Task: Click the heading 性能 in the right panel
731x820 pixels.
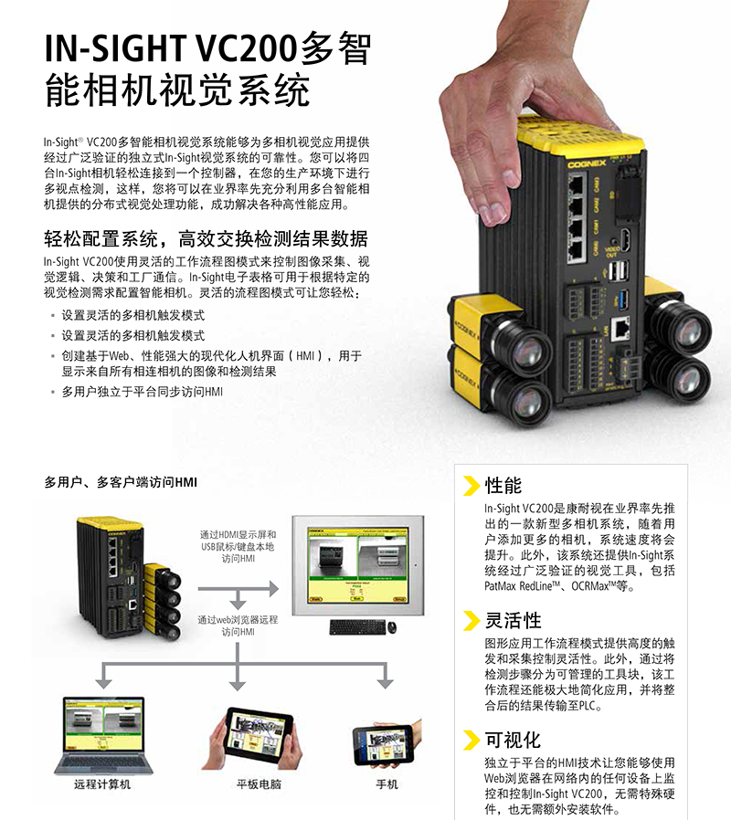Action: click(x=503, y=485)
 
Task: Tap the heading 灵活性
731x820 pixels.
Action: click(x=513, y=620)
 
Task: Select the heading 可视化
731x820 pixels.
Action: click(x=513, y=740)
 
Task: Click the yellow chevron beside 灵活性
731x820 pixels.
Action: click(x=471, y=621)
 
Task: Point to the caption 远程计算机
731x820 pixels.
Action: click(x=102, y=783)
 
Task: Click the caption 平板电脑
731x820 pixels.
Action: click(x=259, y=783)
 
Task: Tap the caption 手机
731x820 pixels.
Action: click(x=387, y=783)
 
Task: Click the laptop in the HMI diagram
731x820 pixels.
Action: click(x=103, y=735)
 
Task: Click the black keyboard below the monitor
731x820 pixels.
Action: click(x=357, y=627)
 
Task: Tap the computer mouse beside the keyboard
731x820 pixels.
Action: click(x=392, y=626)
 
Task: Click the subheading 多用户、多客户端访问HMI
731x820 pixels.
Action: click(x=121, y=482)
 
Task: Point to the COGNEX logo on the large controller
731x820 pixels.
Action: click(x=587, y=163)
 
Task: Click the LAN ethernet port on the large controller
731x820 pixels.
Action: click(x=620, y=329)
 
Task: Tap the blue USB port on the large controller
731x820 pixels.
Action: click(x=622, y=300)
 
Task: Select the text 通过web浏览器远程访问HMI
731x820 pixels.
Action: click(x=238, y=626)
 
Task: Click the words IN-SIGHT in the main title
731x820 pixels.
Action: click(x=115, y=48)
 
